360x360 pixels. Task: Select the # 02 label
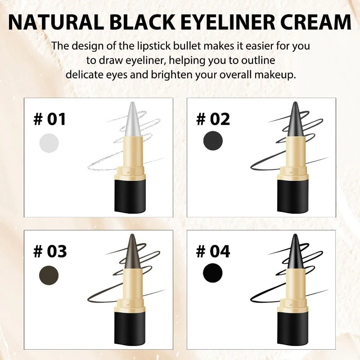point(213,119)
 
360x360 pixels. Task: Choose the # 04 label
point(213,251)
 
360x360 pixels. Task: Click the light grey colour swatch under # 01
point(49,143)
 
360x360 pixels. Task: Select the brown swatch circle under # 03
point(49,274)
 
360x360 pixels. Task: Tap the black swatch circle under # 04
point(212,273)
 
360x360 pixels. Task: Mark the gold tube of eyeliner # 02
point(293,153)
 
